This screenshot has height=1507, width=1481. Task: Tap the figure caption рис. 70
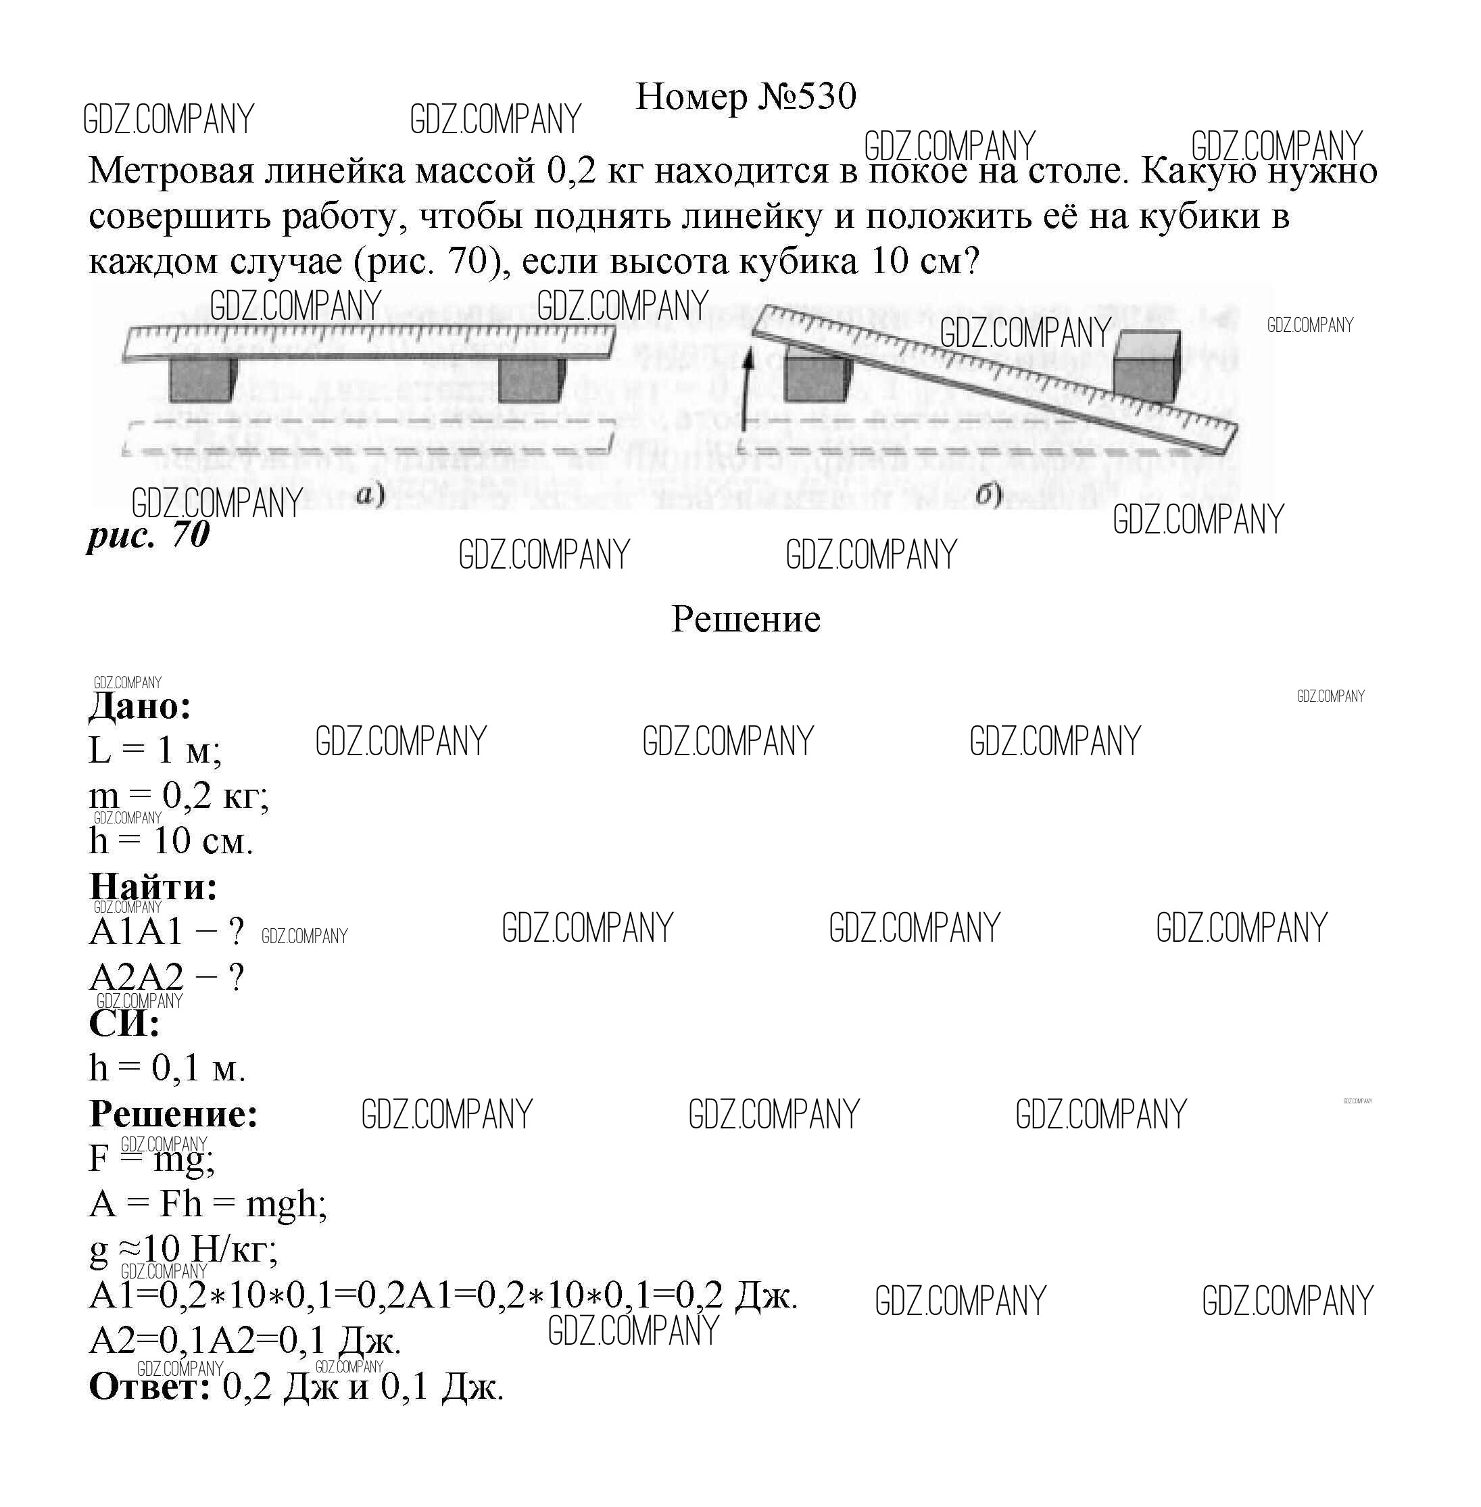coord(148,535)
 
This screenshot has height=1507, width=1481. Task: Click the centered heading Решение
coord(745,619)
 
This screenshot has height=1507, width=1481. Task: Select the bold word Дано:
coord(140,707)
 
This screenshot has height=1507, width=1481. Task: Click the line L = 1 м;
coord(155,750)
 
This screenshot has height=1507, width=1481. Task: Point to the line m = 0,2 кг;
coord(179,796)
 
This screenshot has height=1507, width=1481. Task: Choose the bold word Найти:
coord(153,887)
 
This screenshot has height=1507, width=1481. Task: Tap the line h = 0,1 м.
coord(167,1068)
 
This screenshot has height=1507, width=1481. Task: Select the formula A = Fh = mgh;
coord(208,1204)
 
